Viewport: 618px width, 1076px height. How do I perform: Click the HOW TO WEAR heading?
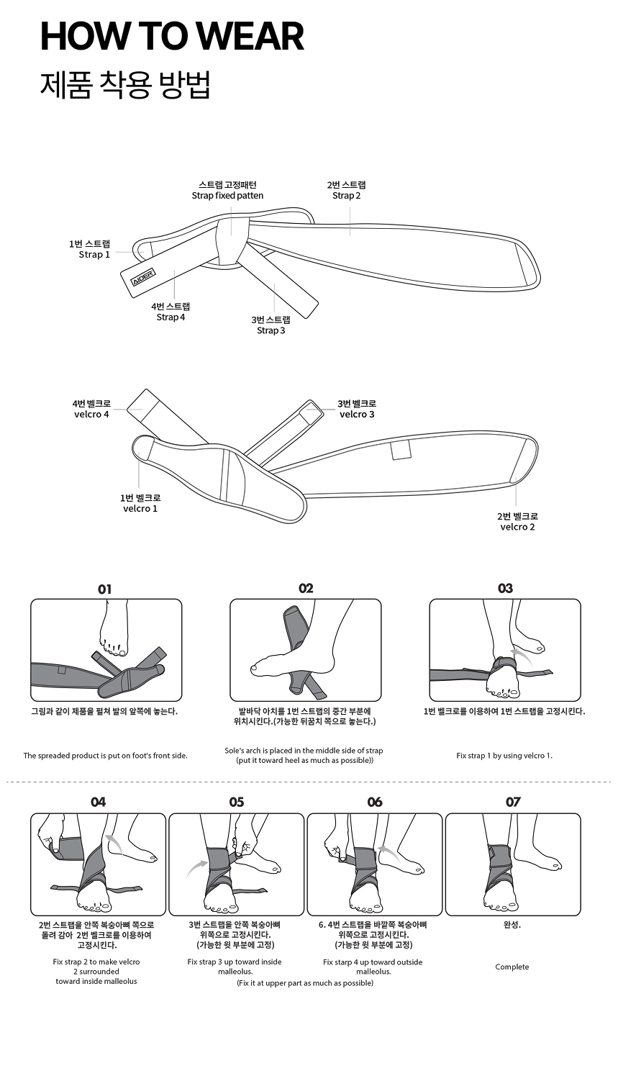[173, 36]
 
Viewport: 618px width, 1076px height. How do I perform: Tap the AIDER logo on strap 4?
[144, 276]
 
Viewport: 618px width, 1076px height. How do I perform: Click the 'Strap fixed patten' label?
[227, 196]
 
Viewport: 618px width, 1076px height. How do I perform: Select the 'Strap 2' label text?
[346, 196]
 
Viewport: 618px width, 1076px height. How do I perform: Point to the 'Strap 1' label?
[94, 255]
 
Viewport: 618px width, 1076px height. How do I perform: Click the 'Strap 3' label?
[271, 330]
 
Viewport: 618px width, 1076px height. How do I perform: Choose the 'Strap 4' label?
[171, 317]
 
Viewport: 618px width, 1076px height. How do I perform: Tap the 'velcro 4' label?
[91, 414]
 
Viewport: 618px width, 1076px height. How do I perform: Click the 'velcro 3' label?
[357, 414]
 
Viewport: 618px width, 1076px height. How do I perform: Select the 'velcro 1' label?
[140, 508]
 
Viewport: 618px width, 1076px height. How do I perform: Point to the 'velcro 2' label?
[517, 526]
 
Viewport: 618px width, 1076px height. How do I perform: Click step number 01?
[105, 589]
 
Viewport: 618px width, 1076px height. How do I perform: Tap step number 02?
[305, 589]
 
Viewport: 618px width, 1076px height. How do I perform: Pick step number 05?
[236, 803]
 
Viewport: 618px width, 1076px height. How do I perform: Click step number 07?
[513, 803]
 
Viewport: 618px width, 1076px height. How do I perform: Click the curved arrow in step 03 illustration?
[522, 655]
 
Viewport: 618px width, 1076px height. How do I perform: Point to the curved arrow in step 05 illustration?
[196, 868]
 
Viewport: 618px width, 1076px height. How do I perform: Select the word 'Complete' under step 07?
[512, 967]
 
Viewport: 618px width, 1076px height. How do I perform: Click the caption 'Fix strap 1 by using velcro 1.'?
[504, 756]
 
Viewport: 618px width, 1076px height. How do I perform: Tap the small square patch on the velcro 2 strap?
[401, 450]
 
